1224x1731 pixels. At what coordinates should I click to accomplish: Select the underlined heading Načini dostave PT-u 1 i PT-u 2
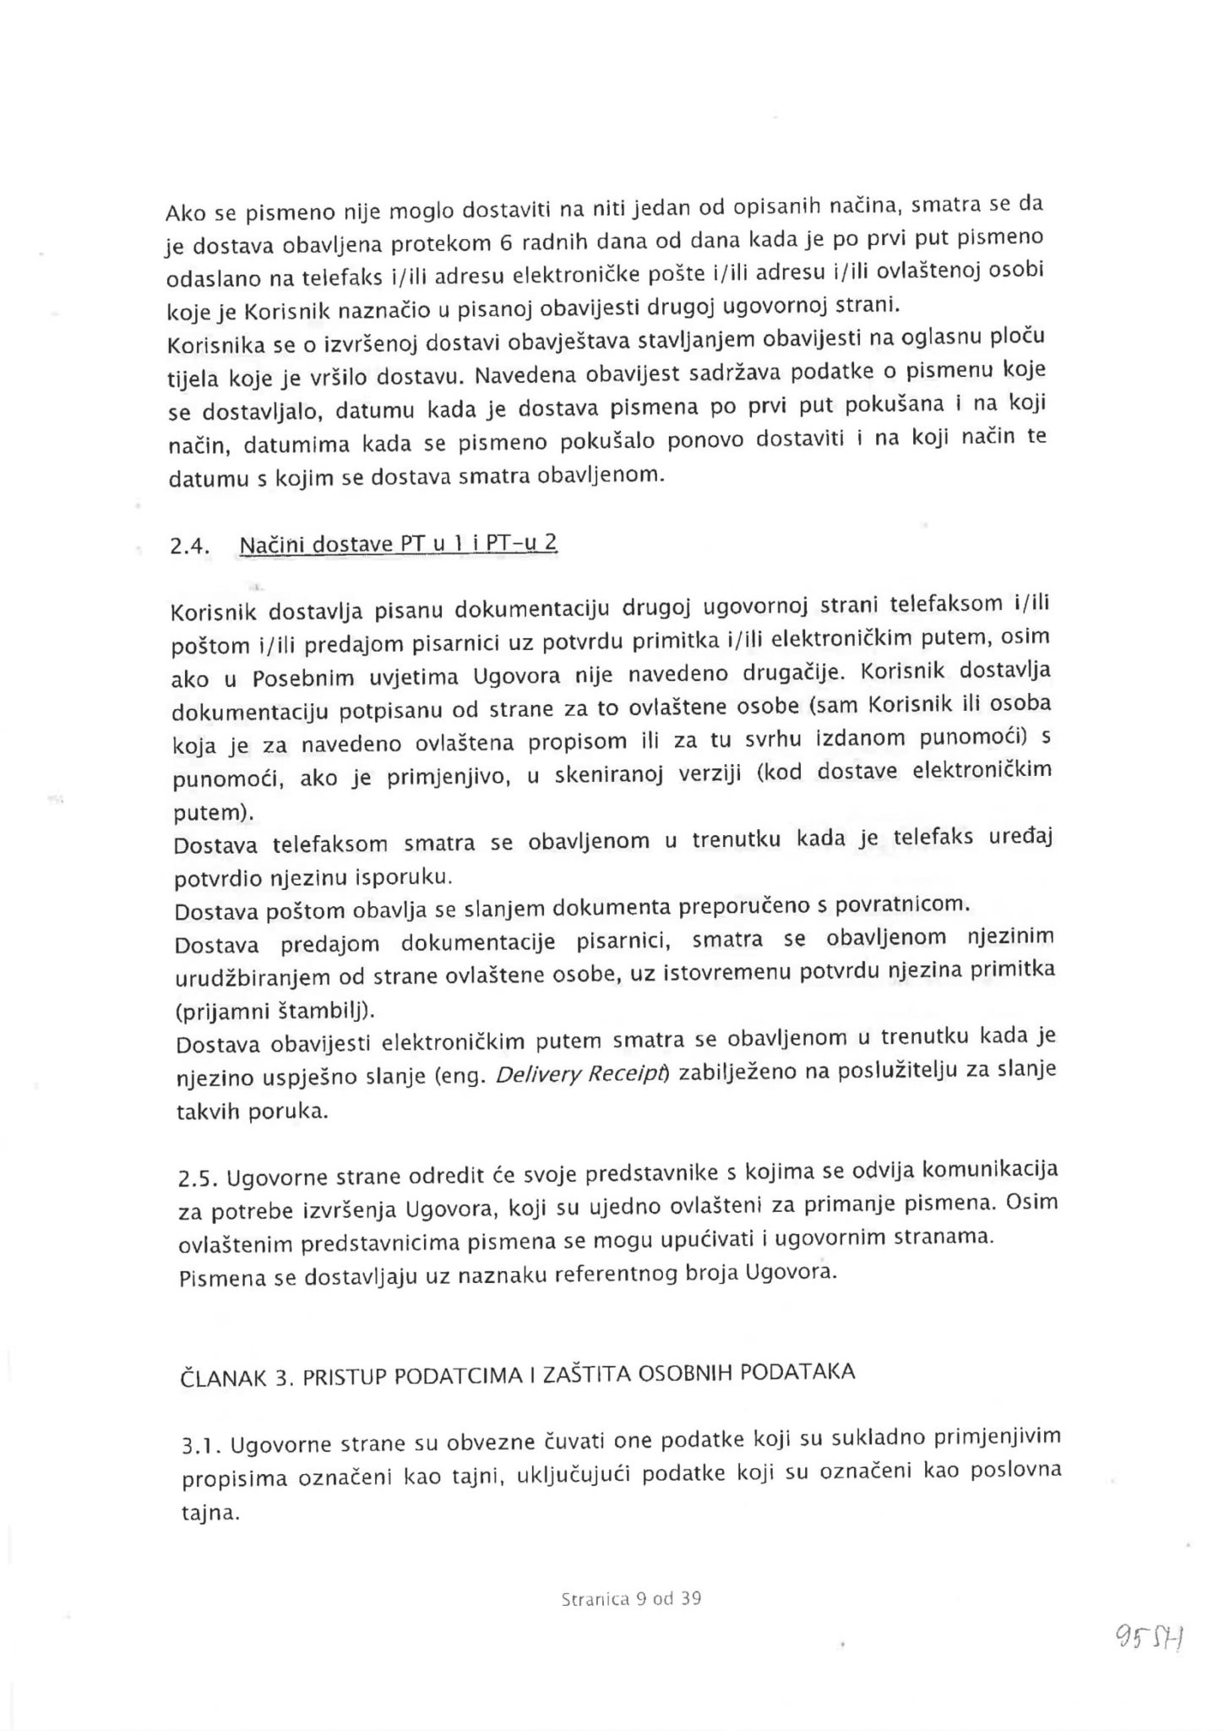click(399, 543)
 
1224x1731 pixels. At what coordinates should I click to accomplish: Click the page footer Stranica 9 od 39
click(631, 1598)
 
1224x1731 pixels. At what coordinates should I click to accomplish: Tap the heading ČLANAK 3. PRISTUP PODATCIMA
click(517, 1373)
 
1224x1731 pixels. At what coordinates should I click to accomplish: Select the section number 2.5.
click(197, 1177)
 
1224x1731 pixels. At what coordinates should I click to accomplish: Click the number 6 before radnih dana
click(507, 243)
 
